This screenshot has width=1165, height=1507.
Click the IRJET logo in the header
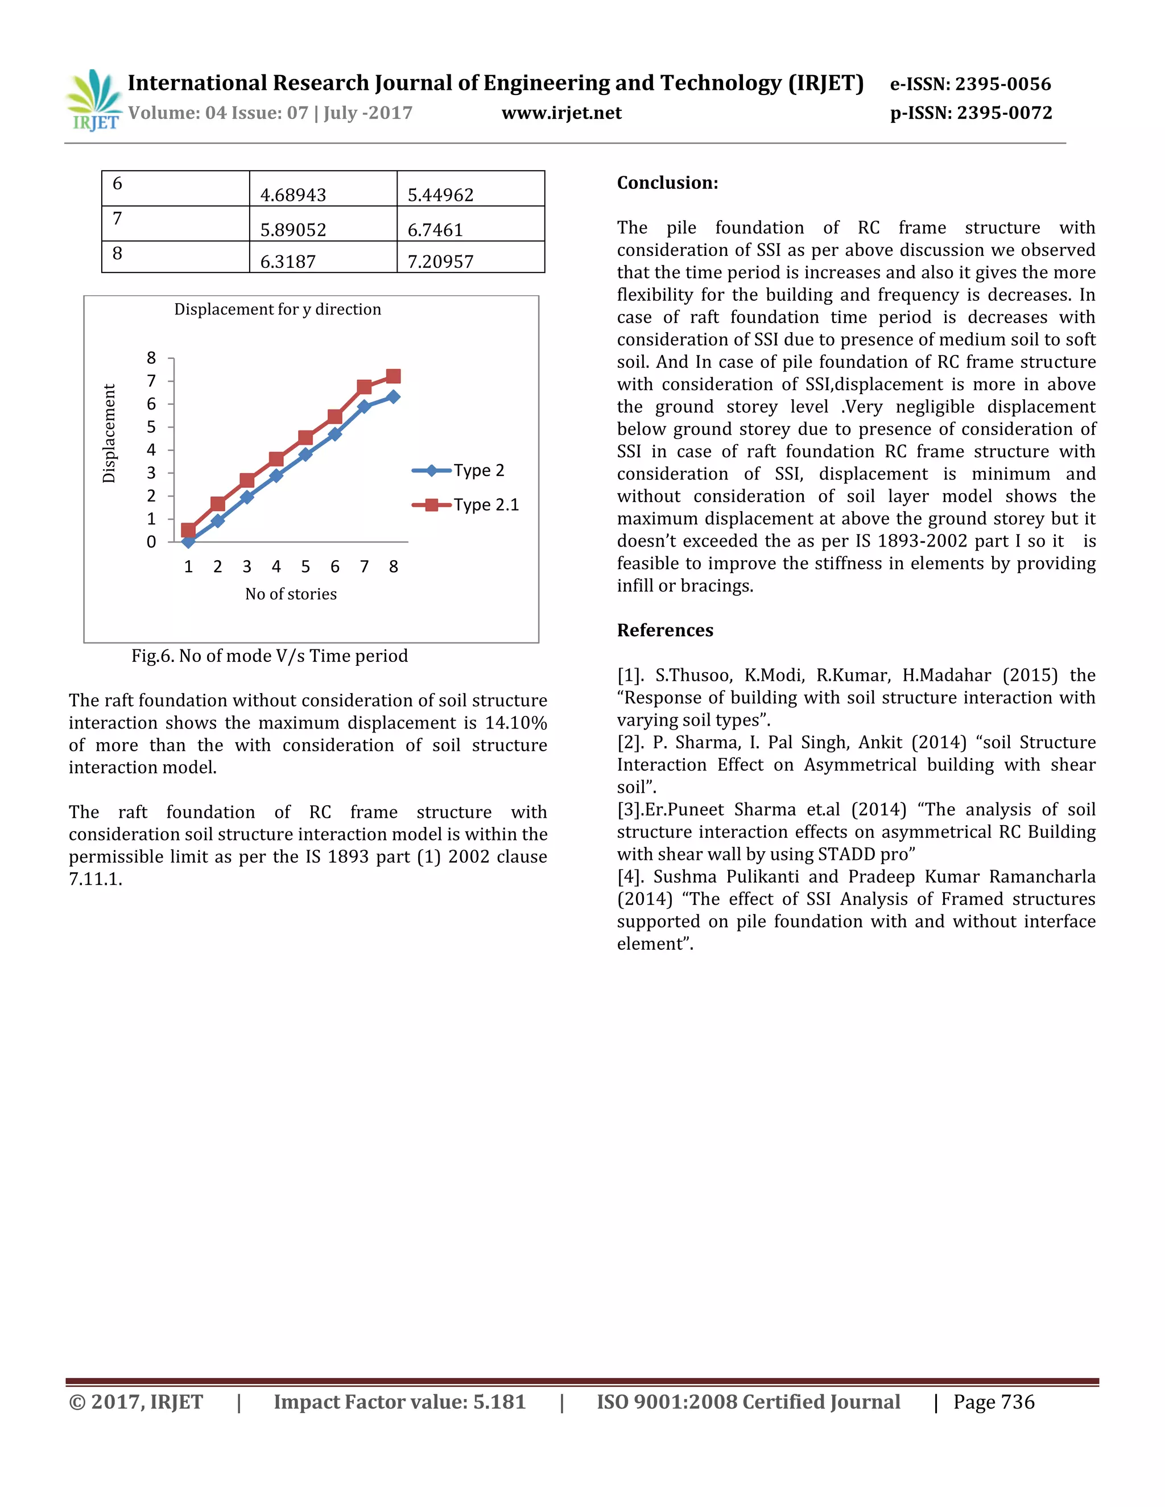click(93, 101)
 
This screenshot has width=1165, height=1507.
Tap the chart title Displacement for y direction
click(278, 309)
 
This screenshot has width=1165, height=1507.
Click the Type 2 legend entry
click(460, 471)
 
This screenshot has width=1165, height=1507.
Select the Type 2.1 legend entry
click(466, 505)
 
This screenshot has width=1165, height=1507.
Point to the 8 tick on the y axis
click(151, 358)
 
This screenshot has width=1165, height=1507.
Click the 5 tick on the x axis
click(305, 567)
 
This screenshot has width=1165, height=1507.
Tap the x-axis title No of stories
click(291, 594)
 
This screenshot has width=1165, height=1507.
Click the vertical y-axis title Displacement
click(109, 433)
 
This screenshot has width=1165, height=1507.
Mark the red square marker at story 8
click(394, 376)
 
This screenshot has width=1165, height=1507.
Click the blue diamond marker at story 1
click(188, 541)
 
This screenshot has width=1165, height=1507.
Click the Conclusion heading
click(667, 183)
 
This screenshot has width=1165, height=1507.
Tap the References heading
click(664, 630)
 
